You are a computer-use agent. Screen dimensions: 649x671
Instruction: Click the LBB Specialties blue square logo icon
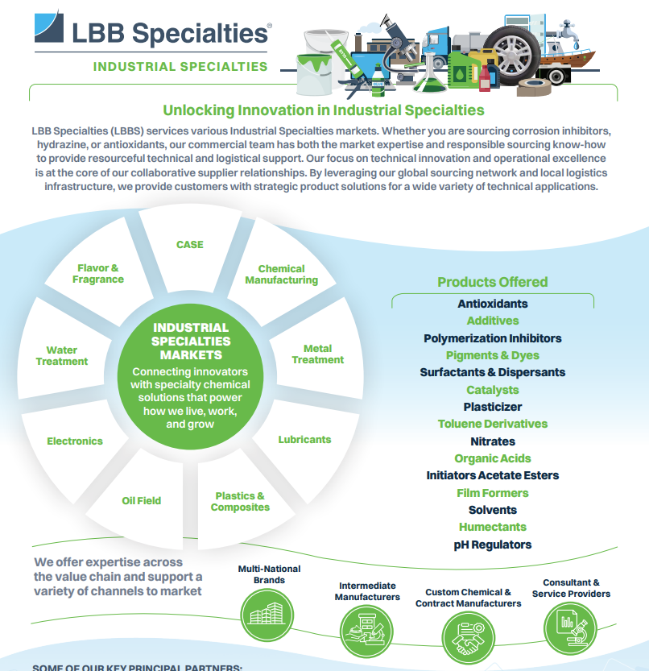coord(49,27)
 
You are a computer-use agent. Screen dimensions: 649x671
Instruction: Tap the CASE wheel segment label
coord(190,245)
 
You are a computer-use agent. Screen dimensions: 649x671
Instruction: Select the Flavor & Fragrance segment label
coord(98,273)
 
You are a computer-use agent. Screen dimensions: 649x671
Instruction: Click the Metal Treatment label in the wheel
coord(318,354)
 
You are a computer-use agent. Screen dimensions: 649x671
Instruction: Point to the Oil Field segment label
coord(142,501)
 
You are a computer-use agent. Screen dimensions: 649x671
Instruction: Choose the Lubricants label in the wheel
coord(304,440)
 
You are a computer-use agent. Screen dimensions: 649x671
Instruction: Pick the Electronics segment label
coord(75,441)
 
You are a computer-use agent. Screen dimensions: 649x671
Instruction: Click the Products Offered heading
coord(493,282)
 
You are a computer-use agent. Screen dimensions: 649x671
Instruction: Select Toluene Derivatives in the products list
coord(493,424)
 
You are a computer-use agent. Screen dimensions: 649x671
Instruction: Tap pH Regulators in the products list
coord(493,545)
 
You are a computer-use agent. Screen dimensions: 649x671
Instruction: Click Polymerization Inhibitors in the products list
coord(493,338)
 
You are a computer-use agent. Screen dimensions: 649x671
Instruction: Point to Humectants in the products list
coord(493,527)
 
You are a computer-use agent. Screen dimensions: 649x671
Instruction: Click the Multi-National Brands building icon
coord(267,615)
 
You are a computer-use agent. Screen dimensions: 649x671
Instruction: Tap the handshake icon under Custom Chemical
coord(468,638)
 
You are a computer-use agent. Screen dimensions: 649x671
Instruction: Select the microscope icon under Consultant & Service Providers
coord(570,628)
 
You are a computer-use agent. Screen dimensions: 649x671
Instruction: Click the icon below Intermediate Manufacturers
coord(366,632)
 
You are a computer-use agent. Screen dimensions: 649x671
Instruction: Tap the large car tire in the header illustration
coord(511,56)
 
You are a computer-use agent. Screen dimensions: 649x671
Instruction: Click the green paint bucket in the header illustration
coord(315,74)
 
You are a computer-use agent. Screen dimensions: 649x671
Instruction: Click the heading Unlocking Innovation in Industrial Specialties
coord(324,110)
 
